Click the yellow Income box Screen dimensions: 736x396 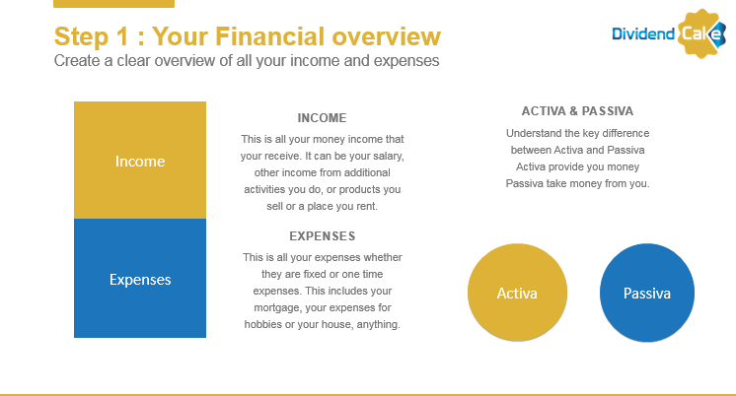140,161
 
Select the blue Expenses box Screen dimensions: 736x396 140,279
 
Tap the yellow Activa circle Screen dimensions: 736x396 517,293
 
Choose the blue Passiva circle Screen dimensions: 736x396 647,293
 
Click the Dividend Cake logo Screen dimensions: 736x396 669,33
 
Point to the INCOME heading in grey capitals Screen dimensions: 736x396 322,118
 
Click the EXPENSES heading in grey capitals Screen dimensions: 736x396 323,236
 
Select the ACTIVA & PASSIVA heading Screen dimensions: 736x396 577,111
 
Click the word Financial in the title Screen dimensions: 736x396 270,36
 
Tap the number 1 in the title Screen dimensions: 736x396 122,36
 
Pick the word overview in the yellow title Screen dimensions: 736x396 387,36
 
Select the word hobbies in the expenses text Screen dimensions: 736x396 262,324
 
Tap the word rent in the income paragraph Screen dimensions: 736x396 367,206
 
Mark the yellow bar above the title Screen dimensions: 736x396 114,4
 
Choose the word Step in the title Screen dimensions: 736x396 81,37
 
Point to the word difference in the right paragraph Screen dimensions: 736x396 626,133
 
